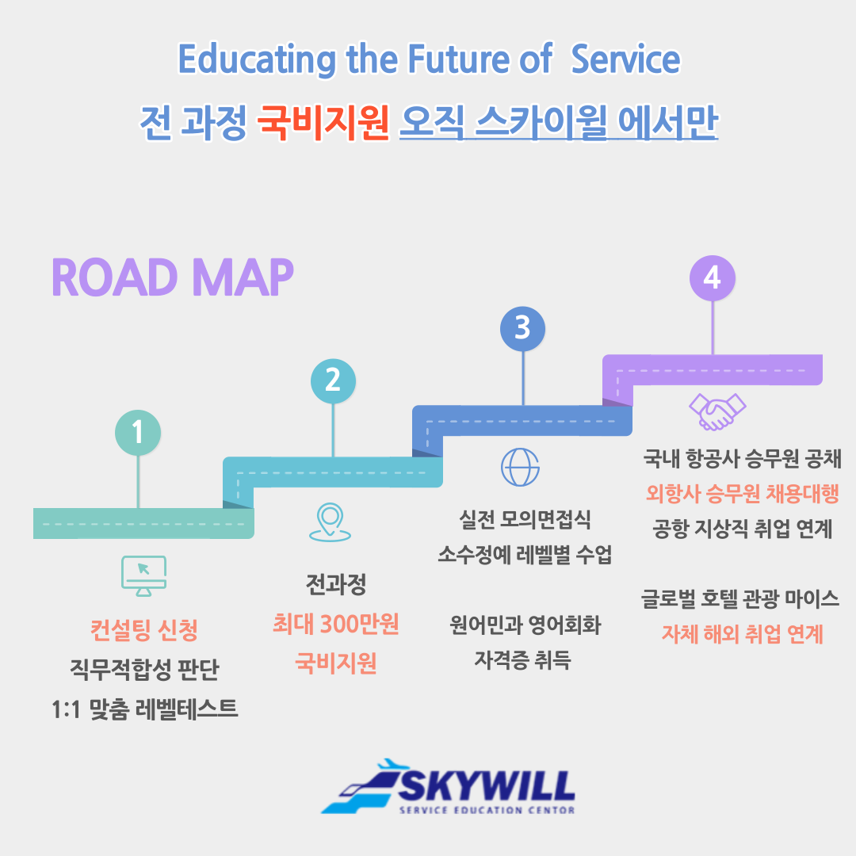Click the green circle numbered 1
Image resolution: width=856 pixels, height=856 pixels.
point(138,433)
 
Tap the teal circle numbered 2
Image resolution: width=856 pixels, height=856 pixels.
point(333,381)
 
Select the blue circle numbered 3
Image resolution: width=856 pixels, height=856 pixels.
point(522,329)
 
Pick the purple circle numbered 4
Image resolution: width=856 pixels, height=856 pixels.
point(713,278)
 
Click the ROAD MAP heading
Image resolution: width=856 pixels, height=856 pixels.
point(173,277)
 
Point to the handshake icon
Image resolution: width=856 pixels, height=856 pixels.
point(717,412)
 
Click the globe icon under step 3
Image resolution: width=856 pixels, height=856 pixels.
point(520,468)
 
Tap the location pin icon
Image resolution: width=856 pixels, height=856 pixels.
point(330,522)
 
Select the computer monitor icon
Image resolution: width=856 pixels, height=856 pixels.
point(143,576)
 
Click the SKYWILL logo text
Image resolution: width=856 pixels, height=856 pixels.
point(486,786)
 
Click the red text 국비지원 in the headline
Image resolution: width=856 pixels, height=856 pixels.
point(323,122)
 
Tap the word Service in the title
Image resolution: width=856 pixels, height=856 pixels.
point(625,59)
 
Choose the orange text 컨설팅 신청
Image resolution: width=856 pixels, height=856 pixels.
point(144,630)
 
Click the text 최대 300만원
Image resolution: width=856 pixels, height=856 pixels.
point(336,624)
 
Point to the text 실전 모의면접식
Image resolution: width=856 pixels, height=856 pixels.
point(525,519)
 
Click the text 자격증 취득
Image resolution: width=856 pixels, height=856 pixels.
point(522,660)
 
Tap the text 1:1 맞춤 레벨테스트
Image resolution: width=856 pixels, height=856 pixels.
point(145,709)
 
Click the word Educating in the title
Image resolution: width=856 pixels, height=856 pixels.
point(257,59)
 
